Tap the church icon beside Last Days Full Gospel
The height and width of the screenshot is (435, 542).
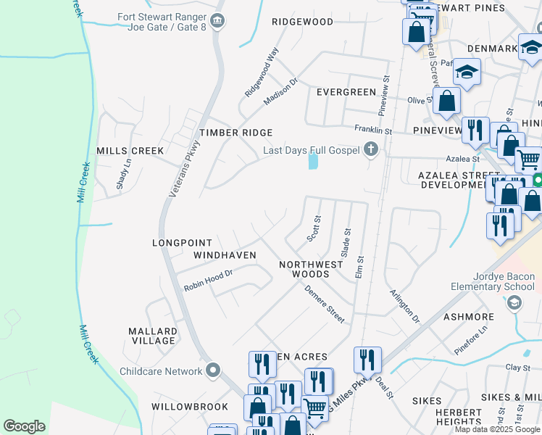point(371,150)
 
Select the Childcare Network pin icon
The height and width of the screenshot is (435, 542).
point(212,371)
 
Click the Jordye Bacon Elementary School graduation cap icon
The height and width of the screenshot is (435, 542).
point(514,302)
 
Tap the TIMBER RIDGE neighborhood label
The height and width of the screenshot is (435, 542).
point(236,133)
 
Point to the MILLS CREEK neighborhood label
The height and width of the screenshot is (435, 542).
point(130,150)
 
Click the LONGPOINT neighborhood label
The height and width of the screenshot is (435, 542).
point(182,243)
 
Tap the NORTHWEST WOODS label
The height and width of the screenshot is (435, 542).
point(312,269)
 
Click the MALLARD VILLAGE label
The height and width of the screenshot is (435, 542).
point(152,336)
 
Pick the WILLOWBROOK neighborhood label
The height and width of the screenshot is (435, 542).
point(190,407)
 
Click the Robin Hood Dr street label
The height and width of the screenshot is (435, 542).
point(208,281)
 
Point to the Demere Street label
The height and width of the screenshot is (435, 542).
point(324,304)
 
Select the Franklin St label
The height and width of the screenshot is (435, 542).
point(372,130)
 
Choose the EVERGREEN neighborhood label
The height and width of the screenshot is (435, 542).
point(346,92)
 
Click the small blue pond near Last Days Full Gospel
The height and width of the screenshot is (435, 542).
point(313,160)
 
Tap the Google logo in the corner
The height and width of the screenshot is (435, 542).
point(24,426)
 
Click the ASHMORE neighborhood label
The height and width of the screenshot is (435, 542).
point(468,317)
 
